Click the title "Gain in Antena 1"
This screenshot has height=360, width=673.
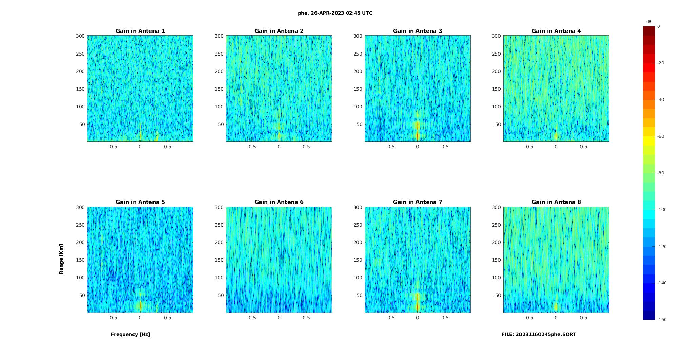140,31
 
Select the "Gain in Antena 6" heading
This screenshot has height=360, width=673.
279,202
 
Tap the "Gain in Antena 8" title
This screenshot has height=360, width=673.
556,202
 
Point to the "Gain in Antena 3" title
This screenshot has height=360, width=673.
417,31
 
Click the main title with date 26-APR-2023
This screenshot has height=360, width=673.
335,13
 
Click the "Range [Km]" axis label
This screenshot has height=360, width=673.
61,259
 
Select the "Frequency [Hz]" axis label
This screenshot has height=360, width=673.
130,334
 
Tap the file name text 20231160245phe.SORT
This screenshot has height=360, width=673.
538,334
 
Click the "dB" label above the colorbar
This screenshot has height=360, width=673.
649,22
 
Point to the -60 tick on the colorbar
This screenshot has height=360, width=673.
661,136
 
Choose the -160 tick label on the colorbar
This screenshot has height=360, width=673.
662,320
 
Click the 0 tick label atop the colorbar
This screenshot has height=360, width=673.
659,26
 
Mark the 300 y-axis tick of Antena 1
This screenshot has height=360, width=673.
80,36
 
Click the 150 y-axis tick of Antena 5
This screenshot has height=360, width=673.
80,260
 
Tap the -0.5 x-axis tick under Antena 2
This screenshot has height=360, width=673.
251,147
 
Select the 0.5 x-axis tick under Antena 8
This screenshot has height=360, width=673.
584,318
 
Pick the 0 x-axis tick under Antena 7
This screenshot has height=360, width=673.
417,318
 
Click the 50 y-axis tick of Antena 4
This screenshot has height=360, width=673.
498,124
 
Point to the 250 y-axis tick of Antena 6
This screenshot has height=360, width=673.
219,225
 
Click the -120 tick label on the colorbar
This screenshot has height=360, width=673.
662,247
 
